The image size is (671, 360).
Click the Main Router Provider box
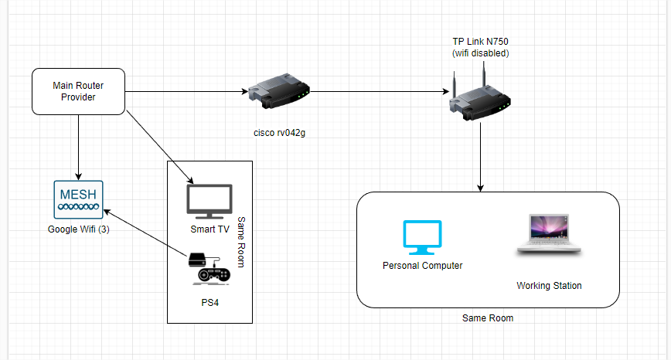pyautogui.click(x=77, y=91)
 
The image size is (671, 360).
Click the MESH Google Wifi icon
pyautogui.click(x=77, y=198)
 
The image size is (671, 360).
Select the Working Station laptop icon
pyautogui.click(x=549, y=233)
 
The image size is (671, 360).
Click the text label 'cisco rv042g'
pyautogui.click(x=275, y=132)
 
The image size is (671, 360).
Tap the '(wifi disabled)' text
pyautogui.click(x=480, y=53)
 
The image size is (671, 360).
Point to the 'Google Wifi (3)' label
pyautogui.click(x=77, y=229)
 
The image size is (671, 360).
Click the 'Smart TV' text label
pyautogui.click(x=209, y=229)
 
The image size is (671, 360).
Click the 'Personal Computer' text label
pyautogui.click(x=422, y=266)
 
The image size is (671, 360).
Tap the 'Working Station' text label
pyautogui.click(x=549, y=286)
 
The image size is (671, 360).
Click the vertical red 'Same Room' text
pyautogui.click(x=240, y=242)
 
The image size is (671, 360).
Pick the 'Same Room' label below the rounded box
pyautogui.click(x=488, y=318)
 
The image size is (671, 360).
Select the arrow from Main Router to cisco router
pyautogui.click(x=186, y=92)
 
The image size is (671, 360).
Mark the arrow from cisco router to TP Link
pyautogui.click(x=379, y=92)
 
